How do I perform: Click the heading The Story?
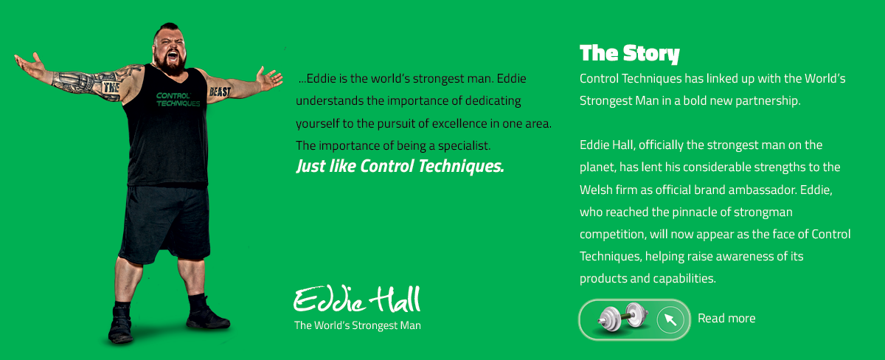pos(629,54)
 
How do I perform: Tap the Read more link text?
pos(726,318)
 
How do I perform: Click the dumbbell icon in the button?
pos(622,318)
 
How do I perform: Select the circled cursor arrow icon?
pos(670,319)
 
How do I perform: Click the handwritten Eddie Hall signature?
pos(357,300)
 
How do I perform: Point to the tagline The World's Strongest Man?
pos(358,325)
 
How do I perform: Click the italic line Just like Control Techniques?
pos(400,167)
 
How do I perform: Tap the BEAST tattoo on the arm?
pos(220,91)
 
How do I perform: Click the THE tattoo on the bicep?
pos(111,87)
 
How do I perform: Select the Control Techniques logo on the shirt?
pos(178,100)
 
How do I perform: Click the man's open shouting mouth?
pos(173,56)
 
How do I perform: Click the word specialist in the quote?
pos(464,146)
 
